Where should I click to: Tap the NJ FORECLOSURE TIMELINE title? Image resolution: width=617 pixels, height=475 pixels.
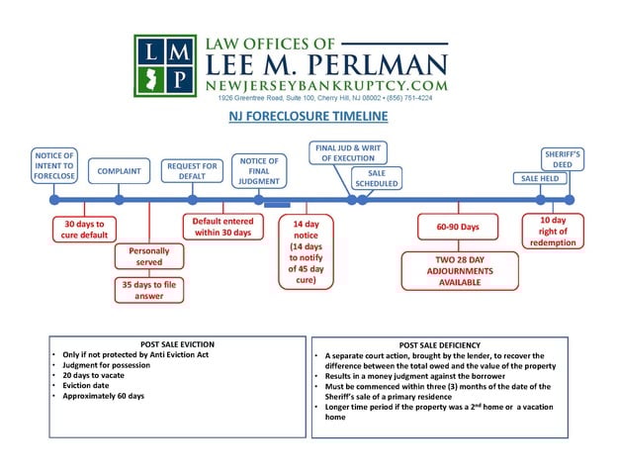(308, 117)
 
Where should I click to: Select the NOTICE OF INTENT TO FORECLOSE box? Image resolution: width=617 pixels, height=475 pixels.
(53, 166)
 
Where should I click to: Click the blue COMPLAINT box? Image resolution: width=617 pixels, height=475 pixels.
(118, 171)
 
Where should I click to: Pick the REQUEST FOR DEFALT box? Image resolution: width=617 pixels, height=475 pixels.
(191, 171)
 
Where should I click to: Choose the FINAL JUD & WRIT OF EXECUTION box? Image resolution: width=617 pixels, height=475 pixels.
(348, 152)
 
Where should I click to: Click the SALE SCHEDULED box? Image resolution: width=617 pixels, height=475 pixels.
(377, 177)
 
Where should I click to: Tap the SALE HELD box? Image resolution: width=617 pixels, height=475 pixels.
(540, 178)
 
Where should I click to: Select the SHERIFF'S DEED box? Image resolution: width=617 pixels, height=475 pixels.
(563, 160)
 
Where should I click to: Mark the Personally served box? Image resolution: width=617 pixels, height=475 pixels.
(149, 257)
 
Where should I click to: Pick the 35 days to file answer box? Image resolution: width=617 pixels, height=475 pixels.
(148, 290)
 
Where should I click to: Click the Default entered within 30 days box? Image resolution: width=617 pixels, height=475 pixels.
(222, 227)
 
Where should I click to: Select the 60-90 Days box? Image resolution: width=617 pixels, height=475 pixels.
(457, 227)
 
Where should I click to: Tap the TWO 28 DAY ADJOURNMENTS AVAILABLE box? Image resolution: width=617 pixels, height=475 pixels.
(458, 269)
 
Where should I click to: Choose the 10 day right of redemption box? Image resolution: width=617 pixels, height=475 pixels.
(553, 231)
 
